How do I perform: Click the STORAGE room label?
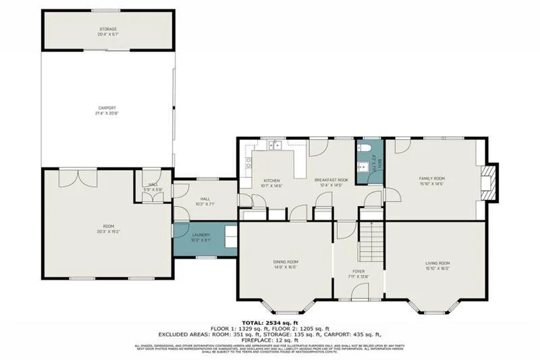108,29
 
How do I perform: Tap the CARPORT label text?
107,108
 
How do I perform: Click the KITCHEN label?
271,181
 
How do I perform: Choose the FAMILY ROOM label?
432,178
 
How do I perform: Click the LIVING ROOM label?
437,263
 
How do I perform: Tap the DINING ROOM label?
286,263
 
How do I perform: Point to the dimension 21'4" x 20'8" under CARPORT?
107,113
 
